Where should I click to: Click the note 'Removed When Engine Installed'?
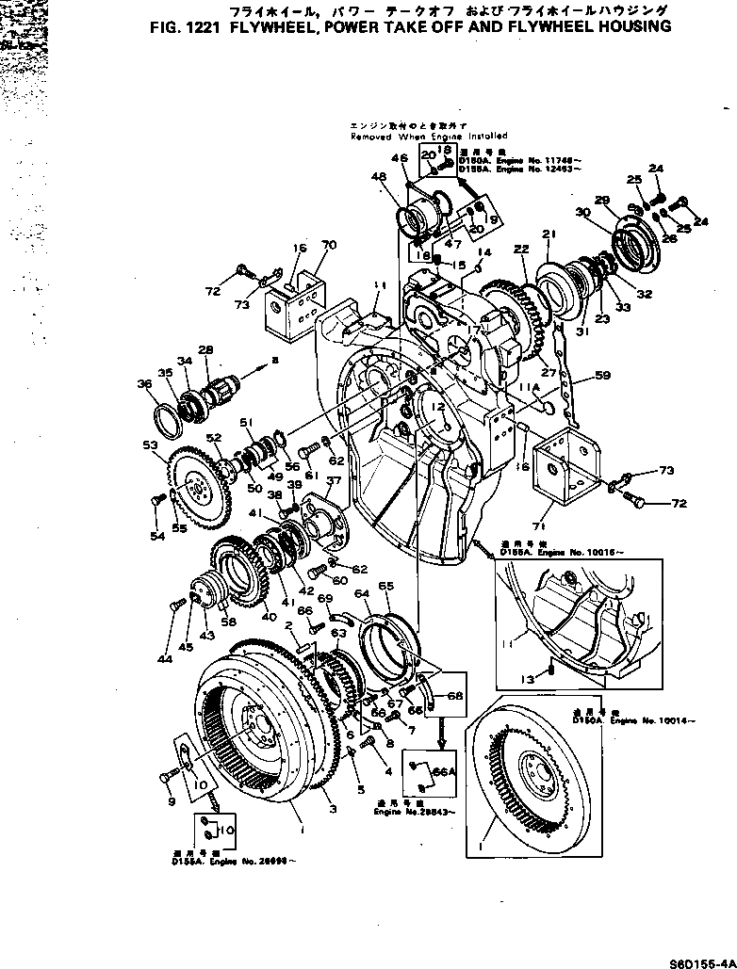pos(429,136)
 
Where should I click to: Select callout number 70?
pos(329,246)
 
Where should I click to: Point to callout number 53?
pos(150,444)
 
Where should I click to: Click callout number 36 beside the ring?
pos(143,383)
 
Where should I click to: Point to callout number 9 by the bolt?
pos(170,802)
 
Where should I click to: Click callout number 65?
pos(385,586)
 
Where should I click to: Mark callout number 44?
pos(165,659)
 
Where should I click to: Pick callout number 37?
pos(332,482)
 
